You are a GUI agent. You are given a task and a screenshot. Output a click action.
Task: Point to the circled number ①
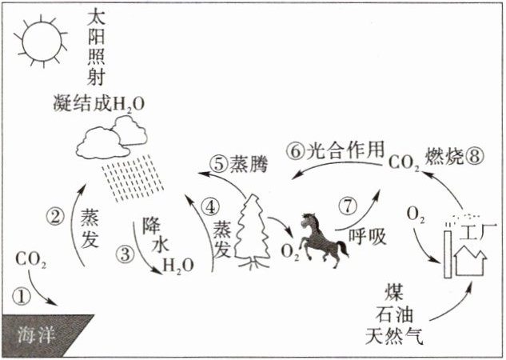coord(22,295)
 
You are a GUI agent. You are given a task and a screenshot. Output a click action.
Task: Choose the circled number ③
coord(126,255)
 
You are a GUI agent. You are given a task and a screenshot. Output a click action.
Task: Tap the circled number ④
coord(210,206)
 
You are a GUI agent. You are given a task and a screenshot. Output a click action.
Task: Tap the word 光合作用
coord(346,150)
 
